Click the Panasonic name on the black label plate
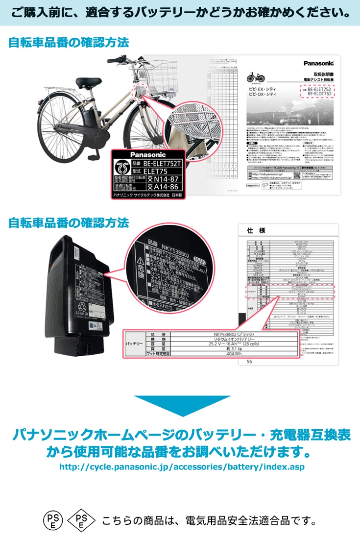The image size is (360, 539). [x=148, y=154]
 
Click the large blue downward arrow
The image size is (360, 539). [x=182, y=405]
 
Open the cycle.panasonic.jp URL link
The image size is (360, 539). [x=182, y=467]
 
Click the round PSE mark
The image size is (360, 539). [x=52, y=520]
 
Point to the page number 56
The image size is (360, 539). [x=249, y=362]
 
